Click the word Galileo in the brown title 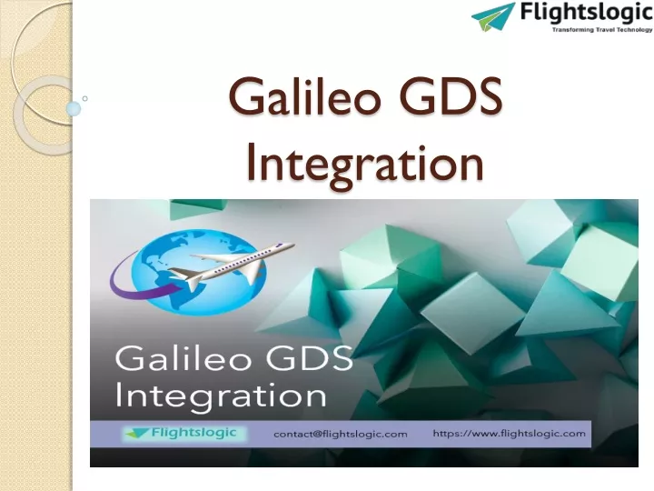point(304,97)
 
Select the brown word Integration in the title point(365,164)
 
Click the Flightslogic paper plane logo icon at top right point(493,16)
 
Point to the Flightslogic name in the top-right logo point(586,13)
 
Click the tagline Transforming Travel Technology point(602,30)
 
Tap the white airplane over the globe point(232,266)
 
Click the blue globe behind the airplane point(199,272)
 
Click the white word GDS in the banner point(309,358)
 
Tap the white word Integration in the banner point(221,396)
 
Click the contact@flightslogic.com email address point(341,435)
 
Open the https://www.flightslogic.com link point(510,434)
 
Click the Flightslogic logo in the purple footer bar point(183,434)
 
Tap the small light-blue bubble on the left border point(74,108)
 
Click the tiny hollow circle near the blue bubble point(85,98)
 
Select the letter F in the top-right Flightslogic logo point(526,12)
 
